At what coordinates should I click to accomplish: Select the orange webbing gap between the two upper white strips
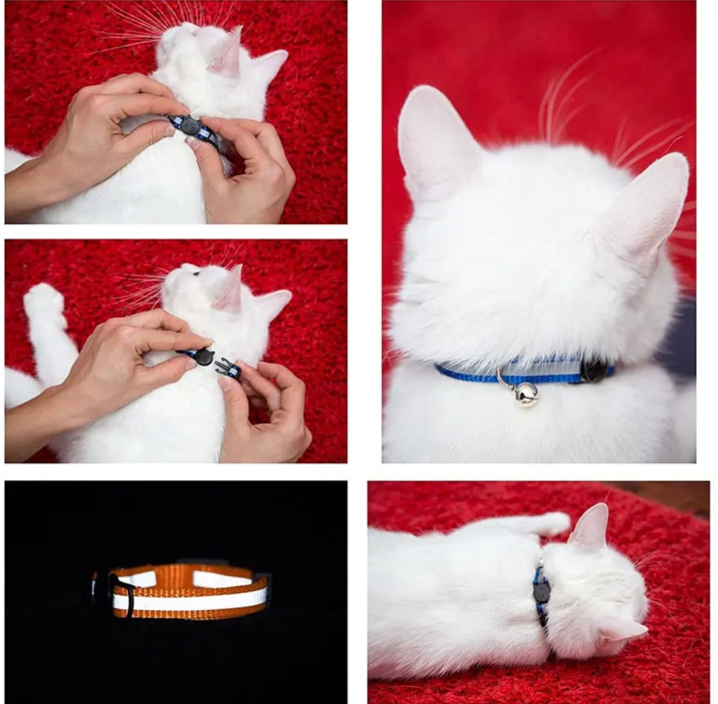click(174, 577)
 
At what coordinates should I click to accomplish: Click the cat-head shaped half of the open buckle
click(203, 356)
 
